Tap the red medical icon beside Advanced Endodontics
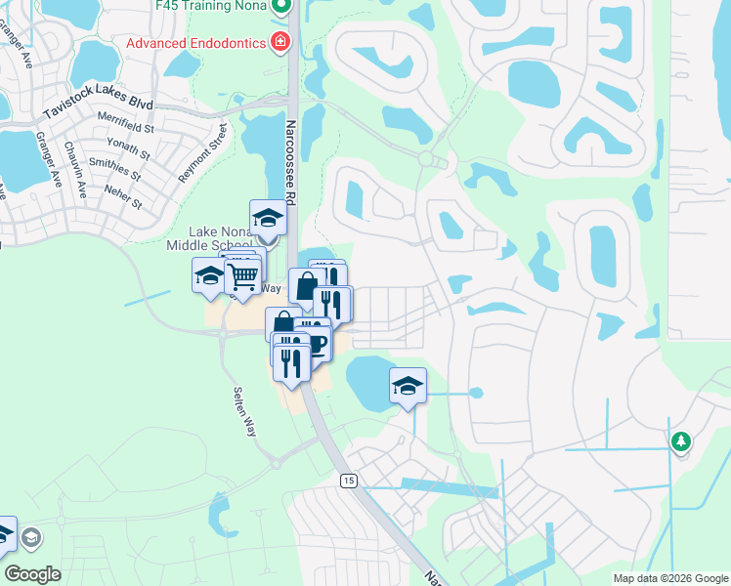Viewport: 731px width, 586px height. point(281,41)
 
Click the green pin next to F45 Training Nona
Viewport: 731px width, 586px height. point(281,8)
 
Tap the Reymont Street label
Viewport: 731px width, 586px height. point(202,152)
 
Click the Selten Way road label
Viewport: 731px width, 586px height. point(244,410)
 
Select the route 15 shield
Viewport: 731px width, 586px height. point(348,481)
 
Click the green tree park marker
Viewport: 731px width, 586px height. point(680,441)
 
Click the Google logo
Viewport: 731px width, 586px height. point(33,575)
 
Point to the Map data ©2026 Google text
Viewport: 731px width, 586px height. point(669,578)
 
